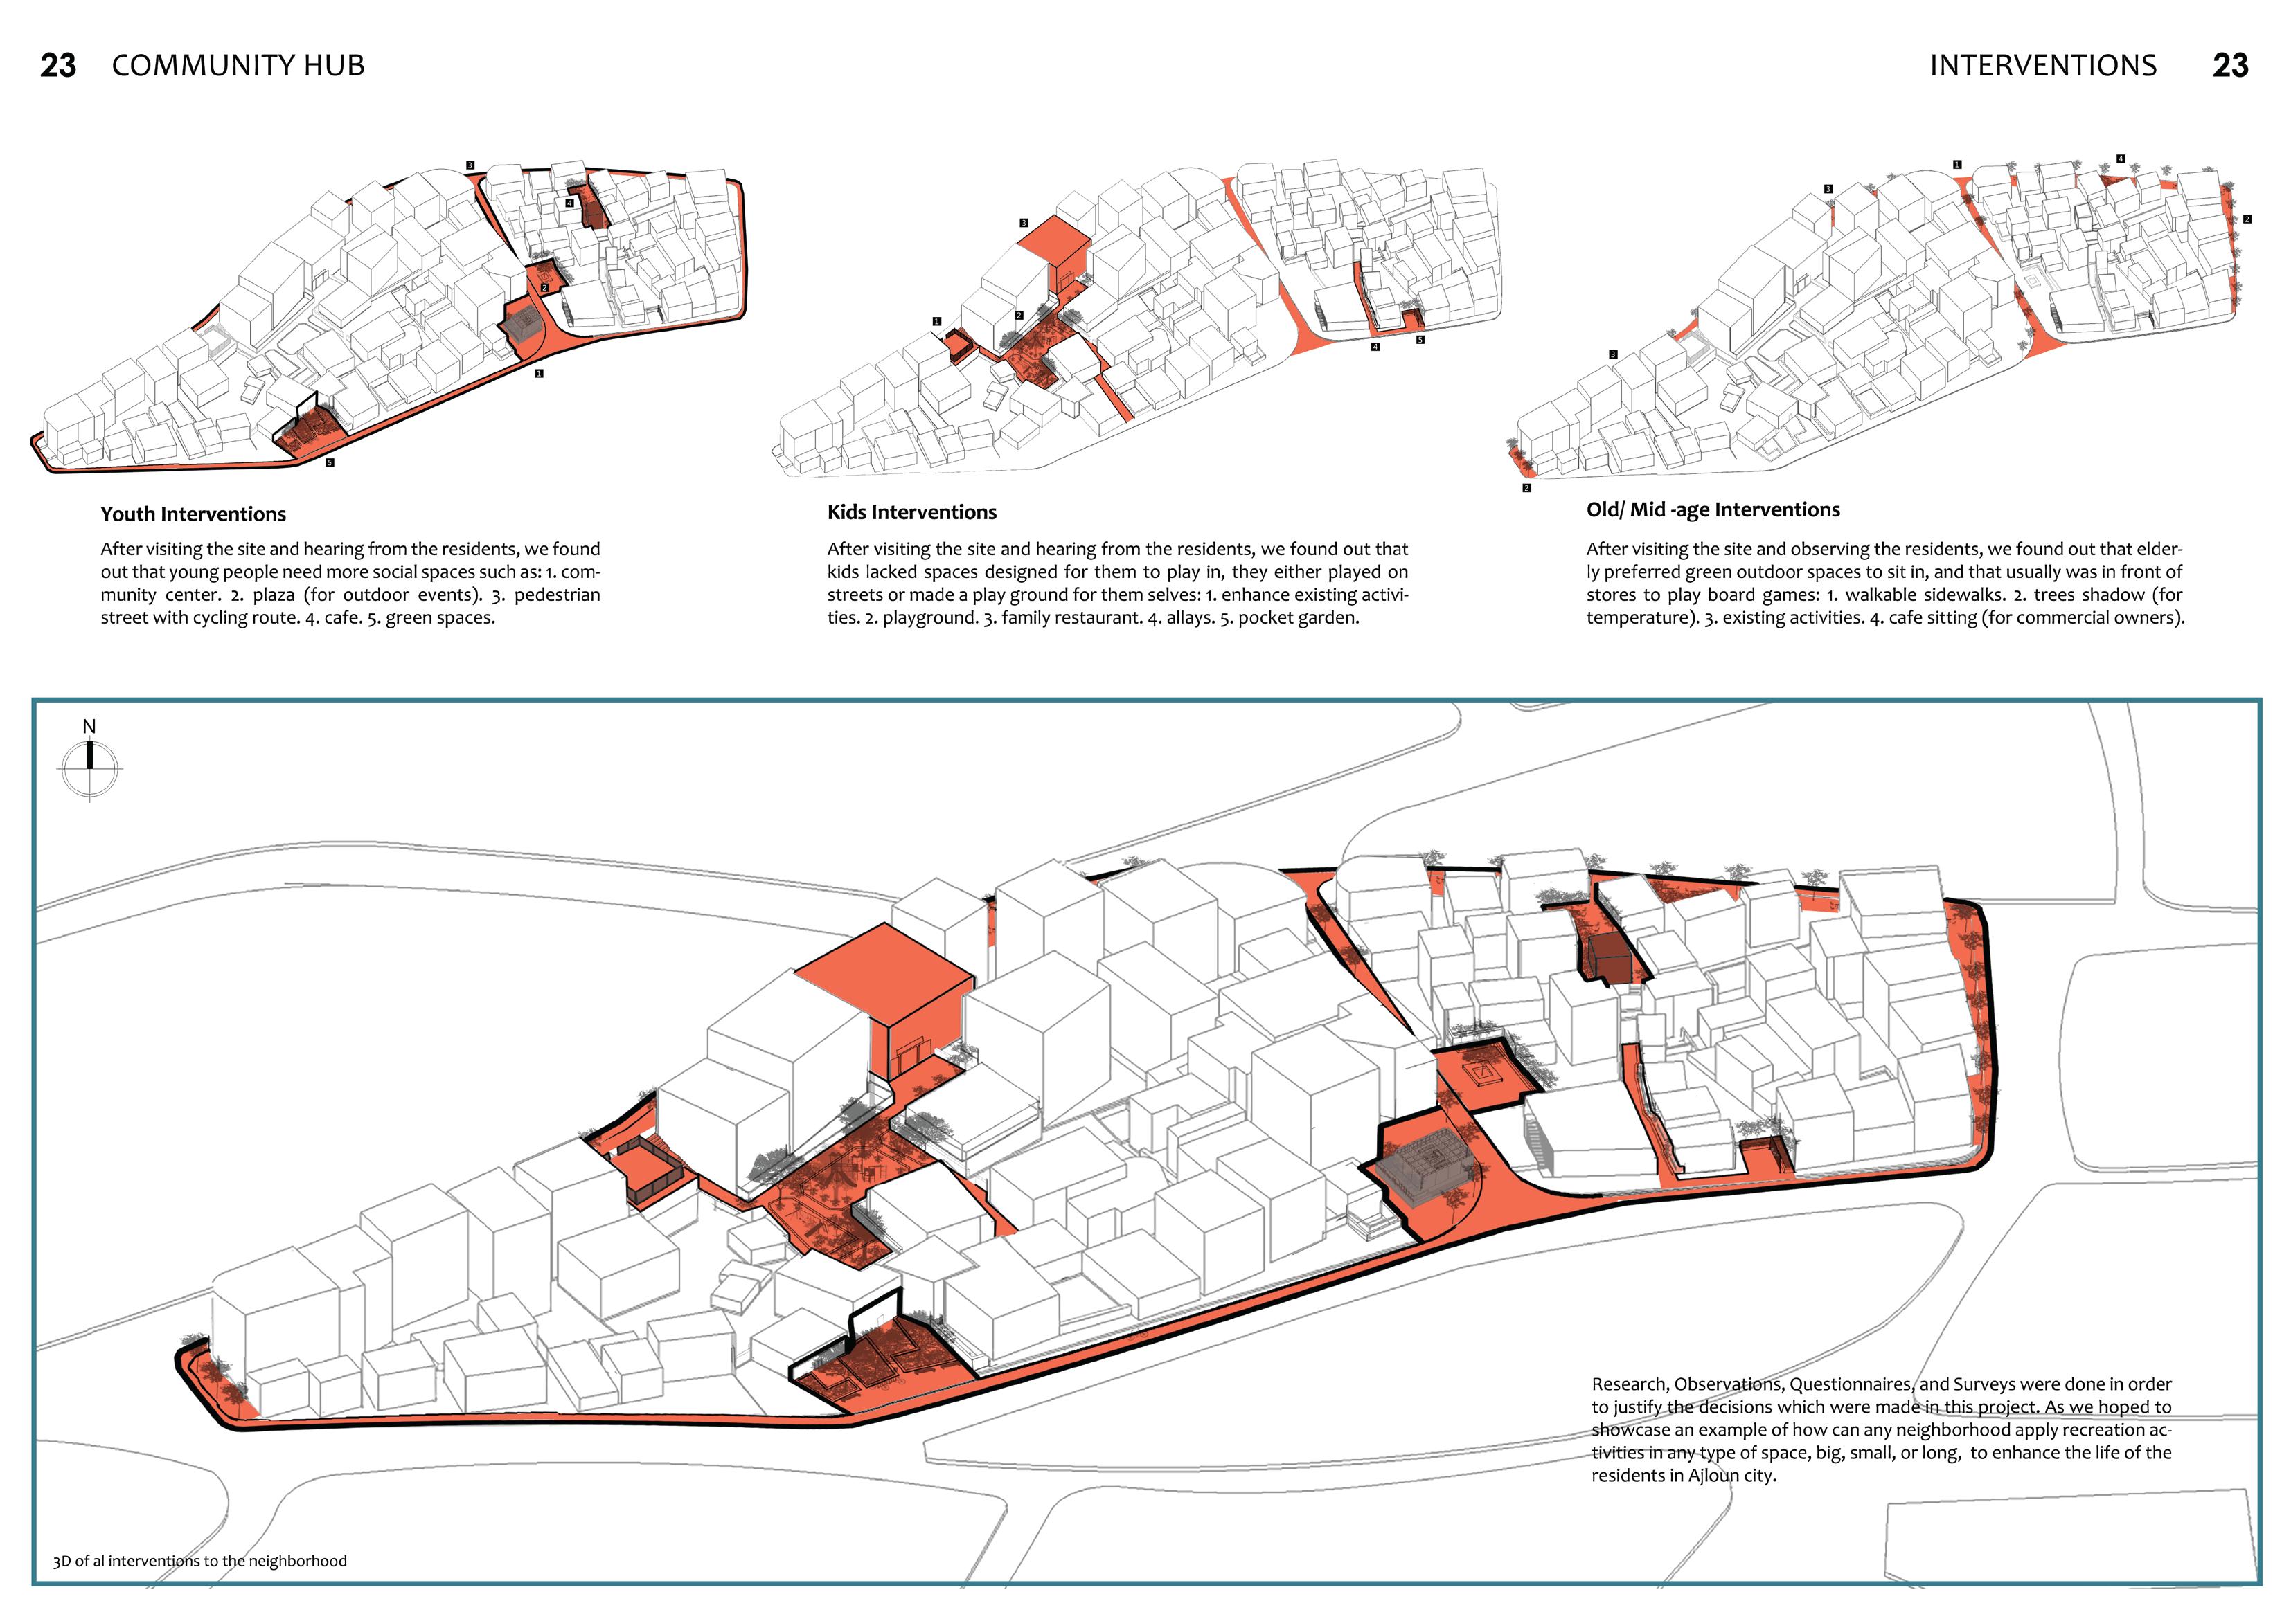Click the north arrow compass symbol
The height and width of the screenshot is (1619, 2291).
pos(90,768)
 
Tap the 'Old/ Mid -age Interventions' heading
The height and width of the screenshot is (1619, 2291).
pos(1712,509)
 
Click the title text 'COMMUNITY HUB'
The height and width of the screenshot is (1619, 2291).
pos(238,66)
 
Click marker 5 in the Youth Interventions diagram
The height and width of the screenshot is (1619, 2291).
pos(329,463)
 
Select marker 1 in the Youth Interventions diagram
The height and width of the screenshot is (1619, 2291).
pos(539,373)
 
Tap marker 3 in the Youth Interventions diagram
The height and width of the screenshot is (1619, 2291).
pos(470,165)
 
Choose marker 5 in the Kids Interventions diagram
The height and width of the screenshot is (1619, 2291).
pos(1420,340)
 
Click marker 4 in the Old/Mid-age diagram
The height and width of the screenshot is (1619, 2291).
pos(2121,159)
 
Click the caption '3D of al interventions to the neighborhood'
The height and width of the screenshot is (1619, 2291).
pos(199,1561)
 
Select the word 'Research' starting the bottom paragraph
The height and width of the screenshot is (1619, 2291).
pos(1628,1384)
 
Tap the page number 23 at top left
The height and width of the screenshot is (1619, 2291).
pos(58,66)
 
